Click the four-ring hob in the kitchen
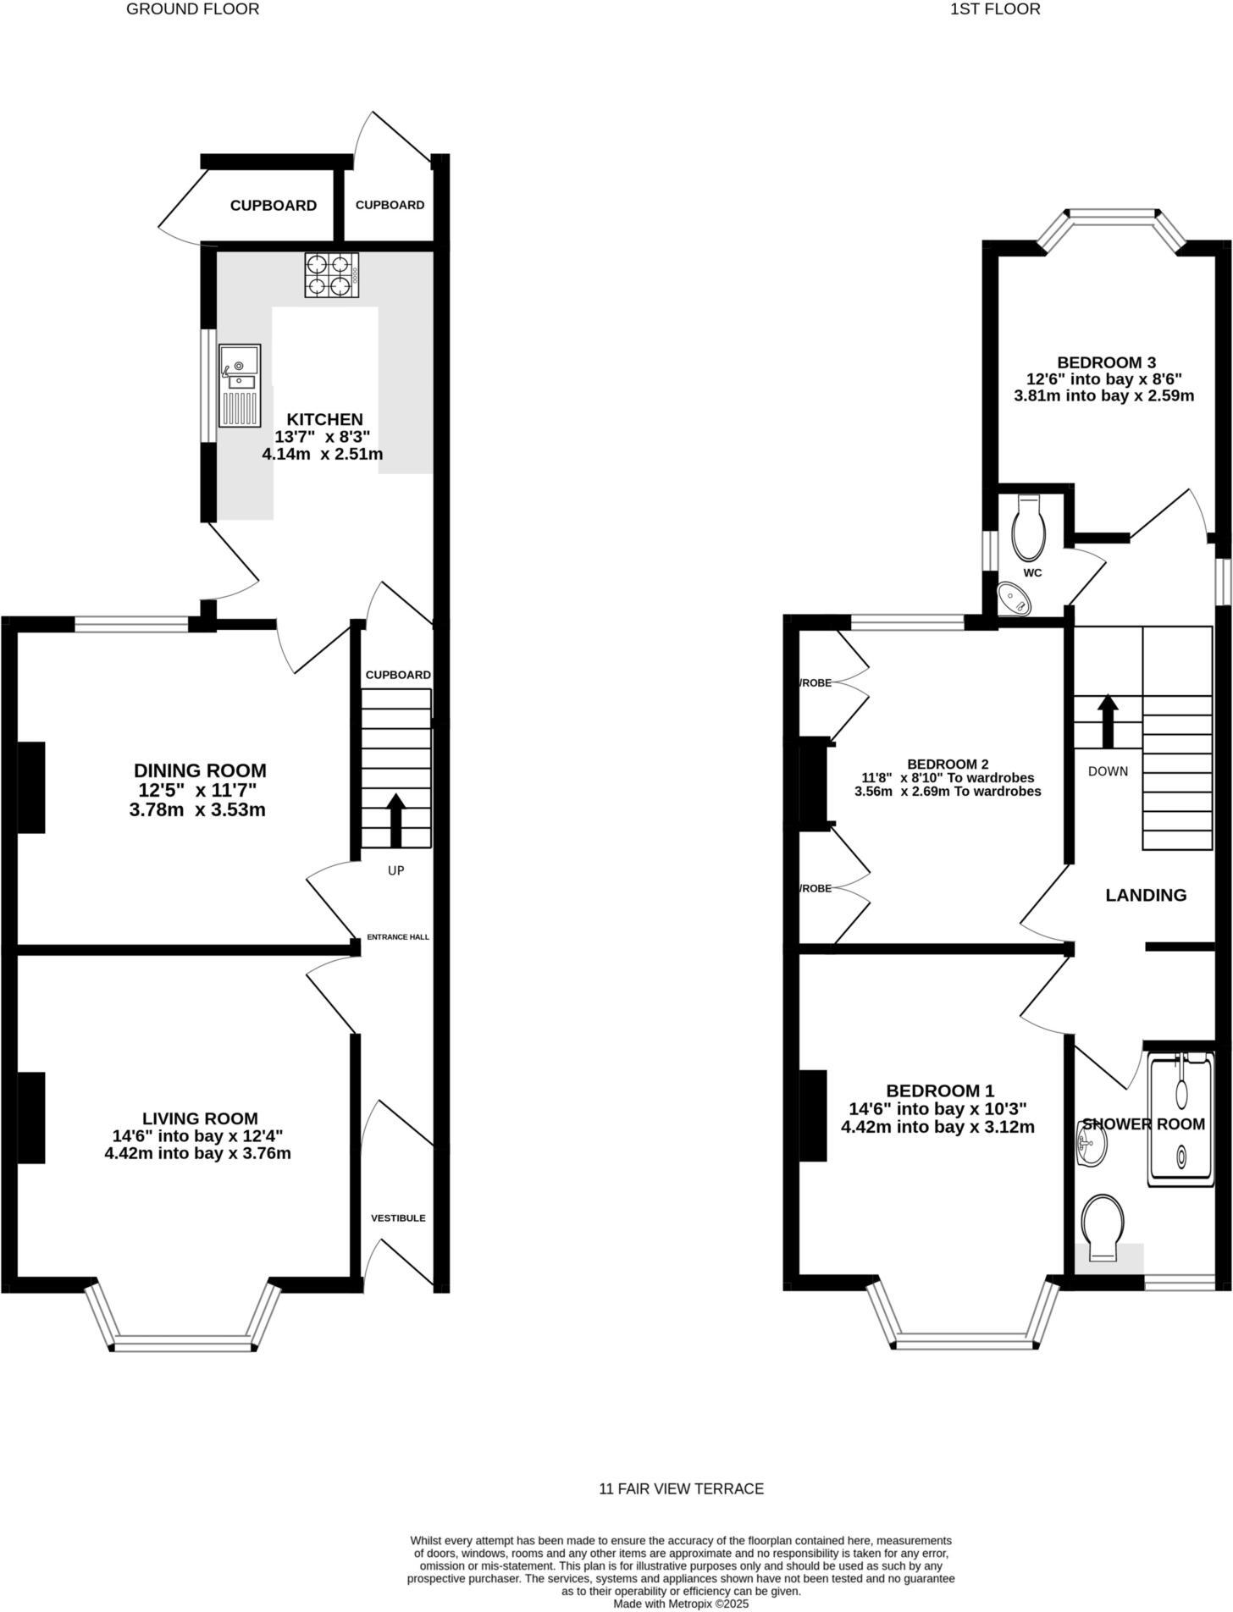[x=331, y=275]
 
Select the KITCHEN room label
[x=324, y=419]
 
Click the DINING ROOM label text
[x=200, y=770]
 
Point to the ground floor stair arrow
[x=395, y=820]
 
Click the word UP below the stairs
[x=395, y=870]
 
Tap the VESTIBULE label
[x=398, y=1217]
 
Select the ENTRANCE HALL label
[x=397, y=937]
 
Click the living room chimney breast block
[x=31, y=1118]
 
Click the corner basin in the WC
[x=1015, y=599]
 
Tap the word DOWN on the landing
[x=1108, y=771]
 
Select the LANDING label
[x=1146, y=895]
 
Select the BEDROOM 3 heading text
[x=1103, y=362]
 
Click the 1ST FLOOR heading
[x=995, y=9]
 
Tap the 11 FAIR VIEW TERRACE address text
[x=681, y=1488]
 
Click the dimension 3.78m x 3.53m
[x=197, y=809]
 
